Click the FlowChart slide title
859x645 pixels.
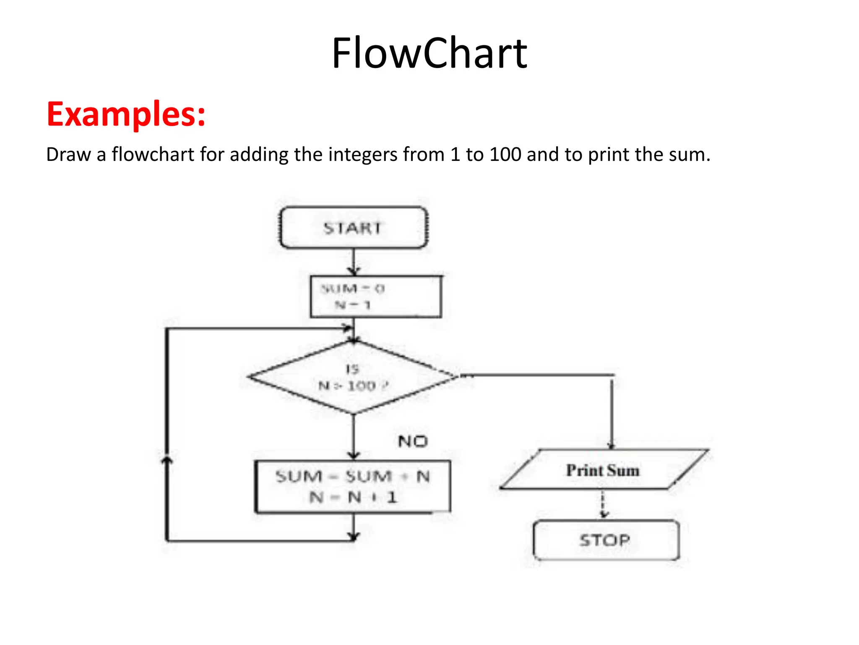429,53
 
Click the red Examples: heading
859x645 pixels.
126,114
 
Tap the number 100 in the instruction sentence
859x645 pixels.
505,155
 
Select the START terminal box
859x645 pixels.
354,228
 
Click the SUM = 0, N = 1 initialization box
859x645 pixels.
376,296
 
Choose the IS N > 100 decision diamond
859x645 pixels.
353,377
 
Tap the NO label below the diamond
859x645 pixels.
413,441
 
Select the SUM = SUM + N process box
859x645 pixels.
353,487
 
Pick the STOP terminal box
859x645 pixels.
606,540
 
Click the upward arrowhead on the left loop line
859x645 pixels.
167,461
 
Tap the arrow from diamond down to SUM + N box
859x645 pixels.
354,437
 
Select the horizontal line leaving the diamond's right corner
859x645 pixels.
537,375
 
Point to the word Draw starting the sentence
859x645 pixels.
68,155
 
